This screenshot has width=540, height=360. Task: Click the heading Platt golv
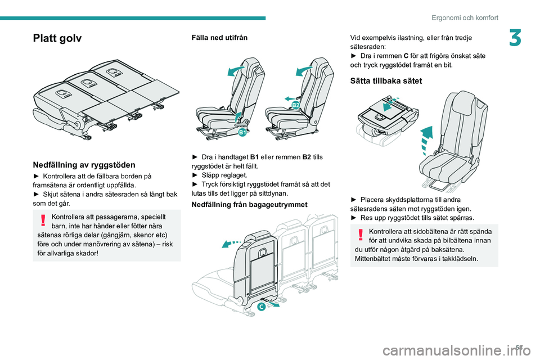[57, 39]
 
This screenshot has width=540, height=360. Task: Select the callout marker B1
[242, 133]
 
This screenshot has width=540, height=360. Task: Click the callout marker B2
[296, 105]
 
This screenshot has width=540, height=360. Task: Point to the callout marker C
[262, 307]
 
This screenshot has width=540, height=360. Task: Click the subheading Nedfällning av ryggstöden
[84, 165]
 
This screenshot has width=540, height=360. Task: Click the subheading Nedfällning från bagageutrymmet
[250, 204]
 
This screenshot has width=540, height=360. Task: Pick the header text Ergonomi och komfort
[465, 17]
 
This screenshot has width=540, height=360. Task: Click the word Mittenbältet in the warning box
[373, 258]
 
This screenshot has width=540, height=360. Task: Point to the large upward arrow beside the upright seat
[427, 139]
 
